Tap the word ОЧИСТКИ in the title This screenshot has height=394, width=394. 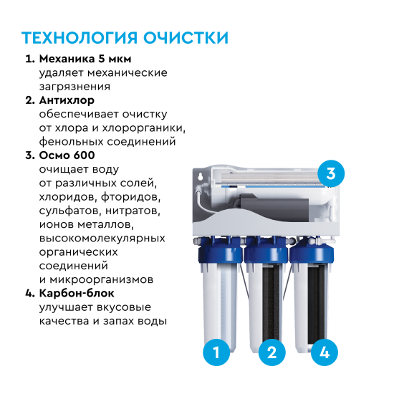[x=189, y=37]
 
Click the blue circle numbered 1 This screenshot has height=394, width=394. [x=216, y=352]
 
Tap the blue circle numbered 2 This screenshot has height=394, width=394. [x=271, y=352]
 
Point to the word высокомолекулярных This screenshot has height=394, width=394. [x=102, y=238]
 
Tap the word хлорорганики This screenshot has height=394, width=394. [x=150, y=128]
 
